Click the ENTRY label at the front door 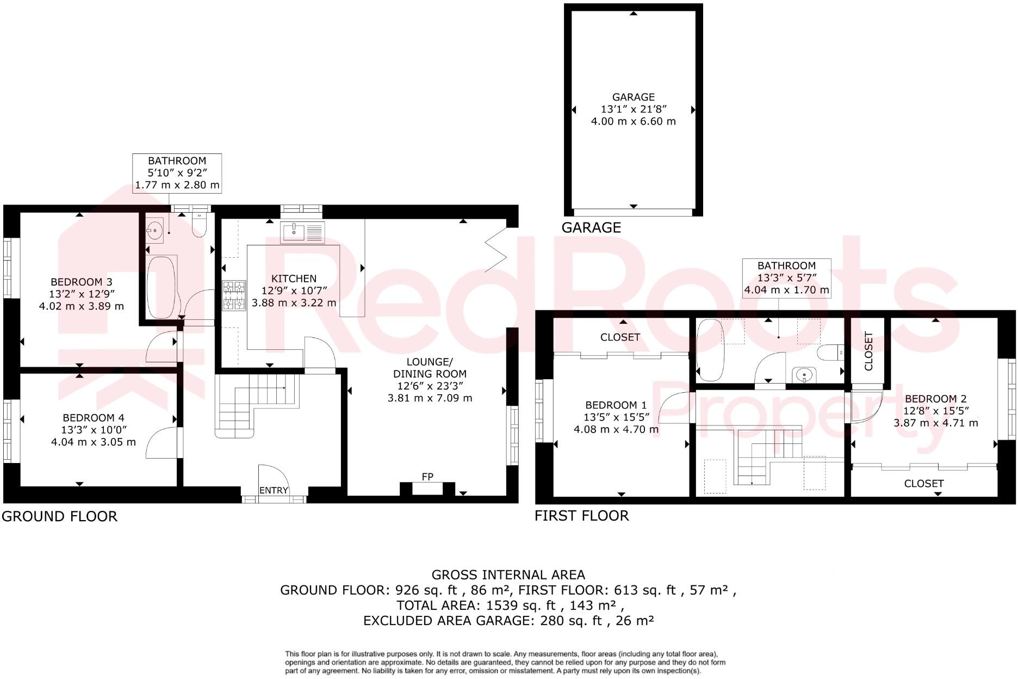coord(274,490)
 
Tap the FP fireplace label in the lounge coord(427,477)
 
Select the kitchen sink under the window coord(302,232)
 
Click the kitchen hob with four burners coord(234,295)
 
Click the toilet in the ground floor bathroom coord(199,225)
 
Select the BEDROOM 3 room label coord(81,282)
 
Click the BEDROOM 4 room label coord(94,418)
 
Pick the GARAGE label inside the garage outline coord(633,97)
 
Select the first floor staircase coord(767,456)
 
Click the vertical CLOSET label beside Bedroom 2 coord(868,351)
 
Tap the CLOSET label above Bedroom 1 coord(620,337)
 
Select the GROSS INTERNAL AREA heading coord(508,575)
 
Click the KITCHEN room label coord(294,279)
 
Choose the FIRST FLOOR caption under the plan coord(581,515)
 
